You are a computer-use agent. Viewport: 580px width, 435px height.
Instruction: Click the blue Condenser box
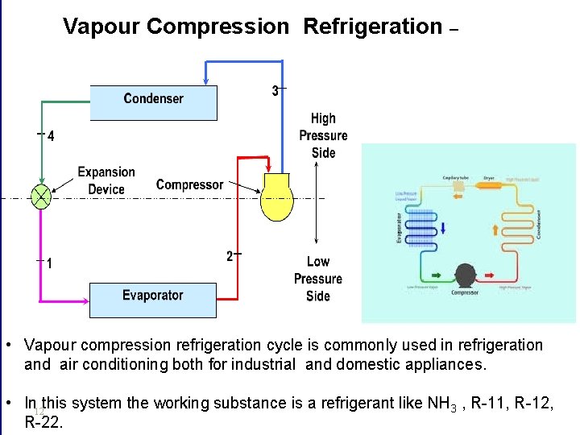pyautogui.click(x=153, y=101)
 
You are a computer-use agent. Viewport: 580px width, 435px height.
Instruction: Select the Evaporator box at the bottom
pyautogui.click(x=153, y=299)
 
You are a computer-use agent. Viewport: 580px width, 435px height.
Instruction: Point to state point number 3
pyautogui.click(x=275, y=91)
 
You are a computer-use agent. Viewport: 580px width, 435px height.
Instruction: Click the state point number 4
pyautogui.click(x=51, y=136)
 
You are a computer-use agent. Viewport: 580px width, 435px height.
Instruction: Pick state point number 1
pyautogui.click(x=50, y=263)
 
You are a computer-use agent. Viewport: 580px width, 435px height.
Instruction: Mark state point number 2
pyautogui.click(x=230, y=256)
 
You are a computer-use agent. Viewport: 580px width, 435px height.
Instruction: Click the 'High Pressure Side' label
pyautogui.click(x=323, y=135)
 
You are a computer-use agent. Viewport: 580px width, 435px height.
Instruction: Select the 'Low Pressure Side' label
pyautogui.click(x=318, y=279)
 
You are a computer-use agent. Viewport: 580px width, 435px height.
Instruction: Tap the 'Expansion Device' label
pyautogui.click(x=106, y=180)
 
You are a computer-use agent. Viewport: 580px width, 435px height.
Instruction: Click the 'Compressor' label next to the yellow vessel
pyautogui.click(x=189, y=184)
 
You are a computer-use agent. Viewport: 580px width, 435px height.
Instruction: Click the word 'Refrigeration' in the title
pyautogui.click(x=372, y=27)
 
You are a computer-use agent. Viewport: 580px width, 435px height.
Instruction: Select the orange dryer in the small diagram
pyautogui.click(x=488, y=184)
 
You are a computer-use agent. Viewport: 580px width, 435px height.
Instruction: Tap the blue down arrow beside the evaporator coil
pyautogui.click(x=443, y=228)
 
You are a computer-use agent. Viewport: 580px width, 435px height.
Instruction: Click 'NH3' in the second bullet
pyautogui.click(x=440, y=404)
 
